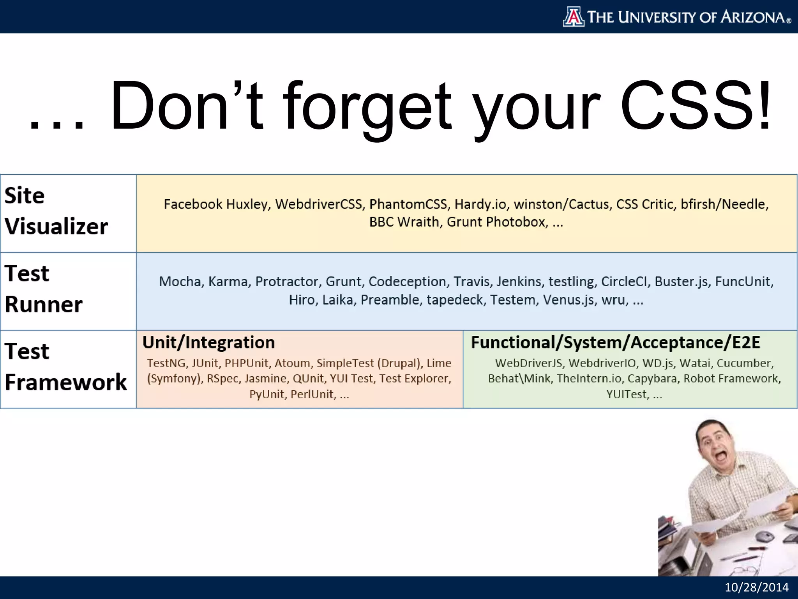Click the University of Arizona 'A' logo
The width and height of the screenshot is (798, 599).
coord(573,17)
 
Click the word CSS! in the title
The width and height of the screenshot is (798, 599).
coord(695,106)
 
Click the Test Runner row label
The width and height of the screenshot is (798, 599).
coord(44,289)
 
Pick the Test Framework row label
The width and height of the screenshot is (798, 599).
coord(65,367)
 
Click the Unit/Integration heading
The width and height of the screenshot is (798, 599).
coord(208,342)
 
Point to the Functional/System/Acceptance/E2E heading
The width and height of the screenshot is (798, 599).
coord(615,342)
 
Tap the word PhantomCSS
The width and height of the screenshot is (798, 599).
coord(408,204)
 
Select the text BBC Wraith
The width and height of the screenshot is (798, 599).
coord(404,222)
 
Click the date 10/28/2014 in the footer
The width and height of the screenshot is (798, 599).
coord(756,587)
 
